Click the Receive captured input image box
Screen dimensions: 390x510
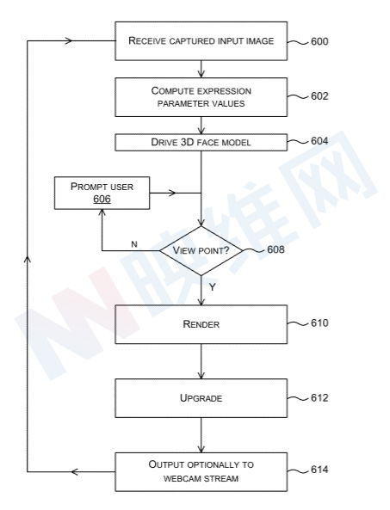coord(201,41)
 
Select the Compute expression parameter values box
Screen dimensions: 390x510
coord(201,97)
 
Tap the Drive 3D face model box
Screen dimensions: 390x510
coord(201,143)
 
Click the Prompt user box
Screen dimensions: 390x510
coord(102,193)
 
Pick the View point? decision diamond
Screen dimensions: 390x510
coord(201,251)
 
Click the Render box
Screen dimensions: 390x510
coord(201,324)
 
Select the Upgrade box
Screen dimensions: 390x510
coord(201,398)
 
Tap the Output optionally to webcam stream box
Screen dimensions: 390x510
coord(201,471)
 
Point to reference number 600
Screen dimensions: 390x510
coord(319,41)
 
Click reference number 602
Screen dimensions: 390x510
coord(319,96)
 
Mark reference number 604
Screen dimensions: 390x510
coord(319,141)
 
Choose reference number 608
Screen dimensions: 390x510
coord(275,249)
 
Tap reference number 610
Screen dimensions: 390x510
coord(319,323)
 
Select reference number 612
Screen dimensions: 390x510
coord(319,398)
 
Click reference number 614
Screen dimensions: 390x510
coord(319,470)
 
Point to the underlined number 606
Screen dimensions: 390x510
coord(102,199)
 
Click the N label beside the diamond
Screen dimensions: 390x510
coord(134,244)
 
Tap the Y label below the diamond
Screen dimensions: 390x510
coord(213,287)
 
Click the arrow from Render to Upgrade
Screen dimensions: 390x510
coord(201,361)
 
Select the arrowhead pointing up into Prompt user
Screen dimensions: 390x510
coord(102,212)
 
